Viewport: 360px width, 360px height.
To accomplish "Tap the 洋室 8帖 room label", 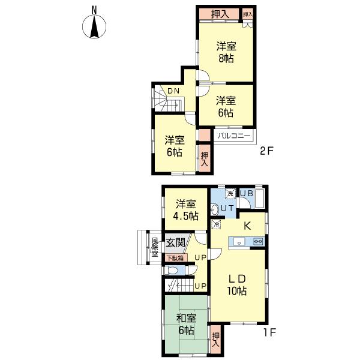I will [226, 52].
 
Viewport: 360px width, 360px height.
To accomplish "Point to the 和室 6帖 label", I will [186, 324].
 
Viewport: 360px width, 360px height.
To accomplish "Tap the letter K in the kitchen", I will [247, 226].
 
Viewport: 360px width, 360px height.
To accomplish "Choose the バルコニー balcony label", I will [233, 136].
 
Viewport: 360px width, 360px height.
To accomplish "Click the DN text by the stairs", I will [173, 91].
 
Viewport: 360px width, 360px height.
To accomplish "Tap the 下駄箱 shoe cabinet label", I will [175, 258].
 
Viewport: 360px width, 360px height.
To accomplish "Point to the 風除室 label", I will [154, 247].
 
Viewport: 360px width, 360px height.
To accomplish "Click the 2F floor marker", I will [266, 151].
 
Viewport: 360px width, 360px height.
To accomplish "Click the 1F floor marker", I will [266, 331].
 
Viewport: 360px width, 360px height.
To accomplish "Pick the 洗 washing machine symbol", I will [229, 193].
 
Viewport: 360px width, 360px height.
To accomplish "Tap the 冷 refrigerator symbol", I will [216, 224].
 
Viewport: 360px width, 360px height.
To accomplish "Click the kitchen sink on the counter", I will [238, 242].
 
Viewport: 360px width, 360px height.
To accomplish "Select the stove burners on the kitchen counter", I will [259, 242].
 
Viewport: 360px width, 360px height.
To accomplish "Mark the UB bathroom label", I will [247, 193].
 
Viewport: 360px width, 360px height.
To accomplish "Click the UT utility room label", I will [227, 208].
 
